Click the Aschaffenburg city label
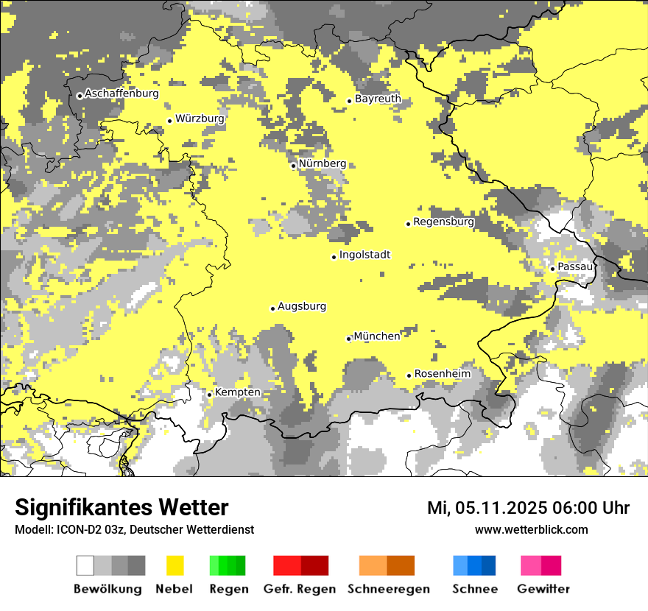(121, 93)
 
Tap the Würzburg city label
(200, 119)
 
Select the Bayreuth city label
(378, 99)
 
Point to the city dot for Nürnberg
(293, 166)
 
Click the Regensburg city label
(443, 222)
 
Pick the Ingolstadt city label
(364, 255)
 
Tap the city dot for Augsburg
(272, 308)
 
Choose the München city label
(377, 336)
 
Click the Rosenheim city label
(442, 374)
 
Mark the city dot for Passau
(552, 269)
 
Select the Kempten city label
(237, 392)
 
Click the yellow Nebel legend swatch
(175, 565)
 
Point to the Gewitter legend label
(543, 589)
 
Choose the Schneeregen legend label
(389, 589)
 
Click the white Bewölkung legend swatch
(85, 565)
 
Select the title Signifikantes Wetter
(121, 507)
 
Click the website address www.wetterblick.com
(531, 529)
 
